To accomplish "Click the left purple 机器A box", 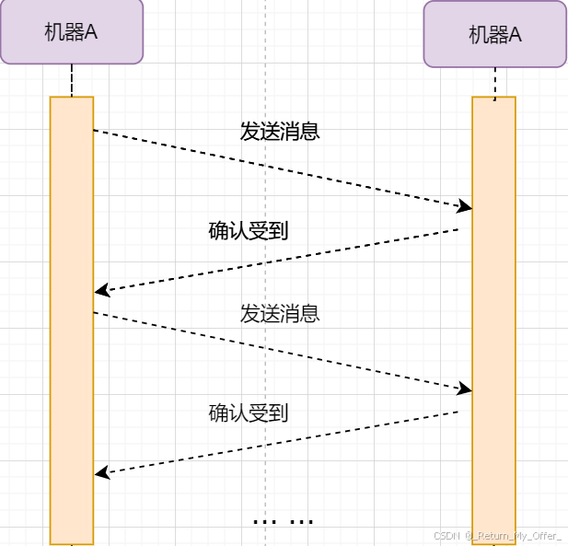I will [x=72, y=32].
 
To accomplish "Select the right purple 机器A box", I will [x=495, y=34].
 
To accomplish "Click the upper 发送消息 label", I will [x=280, y=132].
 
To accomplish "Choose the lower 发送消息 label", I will [x=280, y=314].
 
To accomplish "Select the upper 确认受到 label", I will [x=249, y=231].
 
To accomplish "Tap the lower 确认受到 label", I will [x=249, y=413].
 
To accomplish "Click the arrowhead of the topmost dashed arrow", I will [x=465, y=207].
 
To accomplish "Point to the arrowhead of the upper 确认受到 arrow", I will [x=101, y=291].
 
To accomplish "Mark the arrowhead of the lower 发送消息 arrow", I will [x=465, y=389].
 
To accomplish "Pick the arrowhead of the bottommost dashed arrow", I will [x=101, y=473].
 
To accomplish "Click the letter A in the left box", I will [x=91, y=31].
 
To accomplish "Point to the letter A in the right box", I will [x=516, y=35].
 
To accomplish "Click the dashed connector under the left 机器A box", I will [x=72, y=80].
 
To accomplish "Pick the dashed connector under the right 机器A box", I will [x=495, y=83].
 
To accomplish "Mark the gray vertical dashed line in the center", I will [x=265, y=276].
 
